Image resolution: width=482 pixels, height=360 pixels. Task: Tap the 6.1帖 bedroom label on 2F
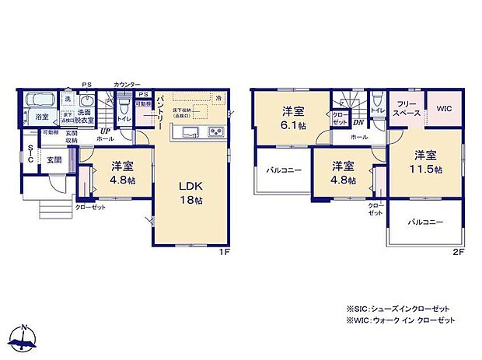292,117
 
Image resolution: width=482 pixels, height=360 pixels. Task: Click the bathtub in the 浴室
39,101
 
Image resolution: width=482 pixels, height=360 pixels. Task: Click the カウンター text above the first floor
127,84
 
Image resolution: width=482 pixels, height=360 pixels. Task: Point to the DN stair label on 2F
358,123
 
